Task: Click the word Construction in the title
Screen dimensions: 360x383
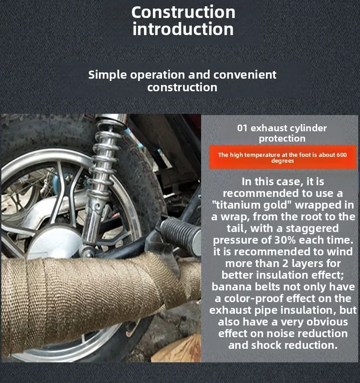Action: [x=184, y=12]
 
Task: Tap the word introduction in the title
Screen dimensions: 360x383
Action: [x=183, y=29]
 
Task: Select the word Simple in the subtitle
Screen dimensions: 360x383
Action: [x=108, y=75]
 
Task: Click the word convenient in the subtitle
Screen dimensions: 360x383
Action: [x=245, y=75]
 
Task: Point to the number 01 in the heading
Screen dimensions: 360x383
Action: [x=243, y=128]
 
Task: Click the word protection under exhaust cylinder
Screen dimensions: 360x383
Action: [x=282, y=138]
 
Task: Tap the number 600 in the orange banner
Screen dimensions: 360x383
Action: [x=342, y=155]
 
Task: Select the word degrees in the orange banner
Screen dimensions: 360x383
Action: [x=283, y=161]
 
